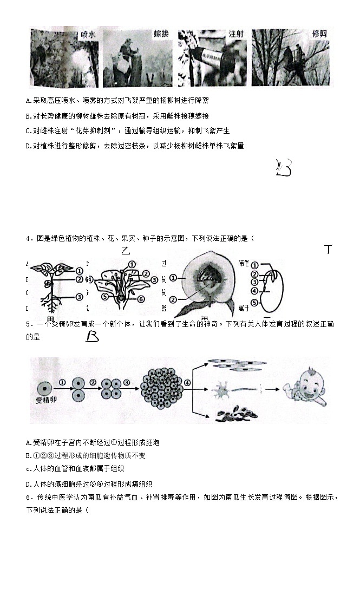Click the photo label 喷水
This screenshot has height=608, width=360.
[x=88, y=34]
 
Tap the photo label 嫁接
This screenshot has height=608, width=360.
[x=161, y=34]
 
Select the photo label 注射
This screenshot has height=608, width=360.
[x=236, y=34]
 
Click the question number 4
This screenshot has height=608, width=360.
[x=28, y=239]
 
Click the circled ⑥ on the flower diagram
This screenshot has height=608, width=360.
[x=141, y=298]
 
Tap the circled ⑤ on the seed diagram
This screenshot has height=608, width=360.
[x=254, y=302]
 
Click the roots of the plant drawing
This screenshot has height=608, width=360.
[x=52, y=306]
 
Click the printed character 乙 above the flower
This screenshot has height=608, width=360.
[x=127, y=251]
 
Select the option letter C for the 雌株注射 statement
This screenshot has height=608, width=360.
[x=28, y=130]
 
